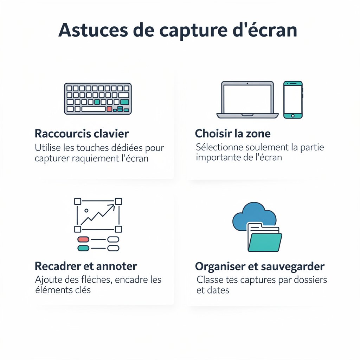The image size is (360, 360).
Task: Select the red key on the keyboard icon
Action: point(109,109)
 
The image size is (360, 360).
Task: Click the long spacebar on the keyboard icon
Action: point(93,109)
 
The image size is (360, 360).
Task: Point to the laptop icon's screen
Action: point(247,99)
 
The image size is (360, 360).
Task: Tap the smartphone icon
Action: point(293,99)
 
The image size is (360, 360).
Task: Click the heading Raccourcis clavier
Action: point(82,134)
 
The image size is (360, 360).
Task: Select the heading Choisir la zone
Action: point(233,134)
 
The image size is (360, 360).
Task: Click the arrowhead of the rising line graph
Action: point(113,206)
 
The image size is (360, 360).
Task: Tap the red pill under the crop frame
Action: point(83,239)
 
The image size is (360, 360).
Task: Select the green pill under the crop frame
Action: point(83,248)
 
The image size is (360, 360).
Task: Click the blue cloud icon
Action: point(254,215)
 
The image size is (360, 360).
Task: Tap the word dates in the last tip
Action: point(218,290)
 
